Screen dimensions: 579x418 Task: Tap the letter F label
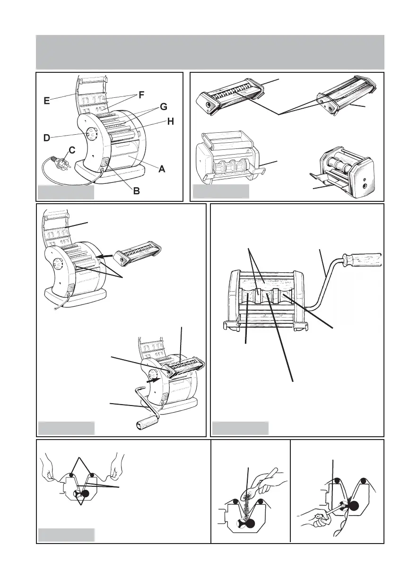[140, 96]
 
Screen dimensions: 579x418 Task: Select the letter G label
[163, 107]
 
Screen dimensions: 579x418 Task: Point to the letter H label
[170, 121]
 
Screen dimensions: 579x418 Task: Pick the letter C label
[72, 150]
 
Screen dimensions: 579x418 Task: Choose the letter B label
[136, 191]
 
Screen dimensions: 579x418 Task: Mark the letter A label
[162, 168]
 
